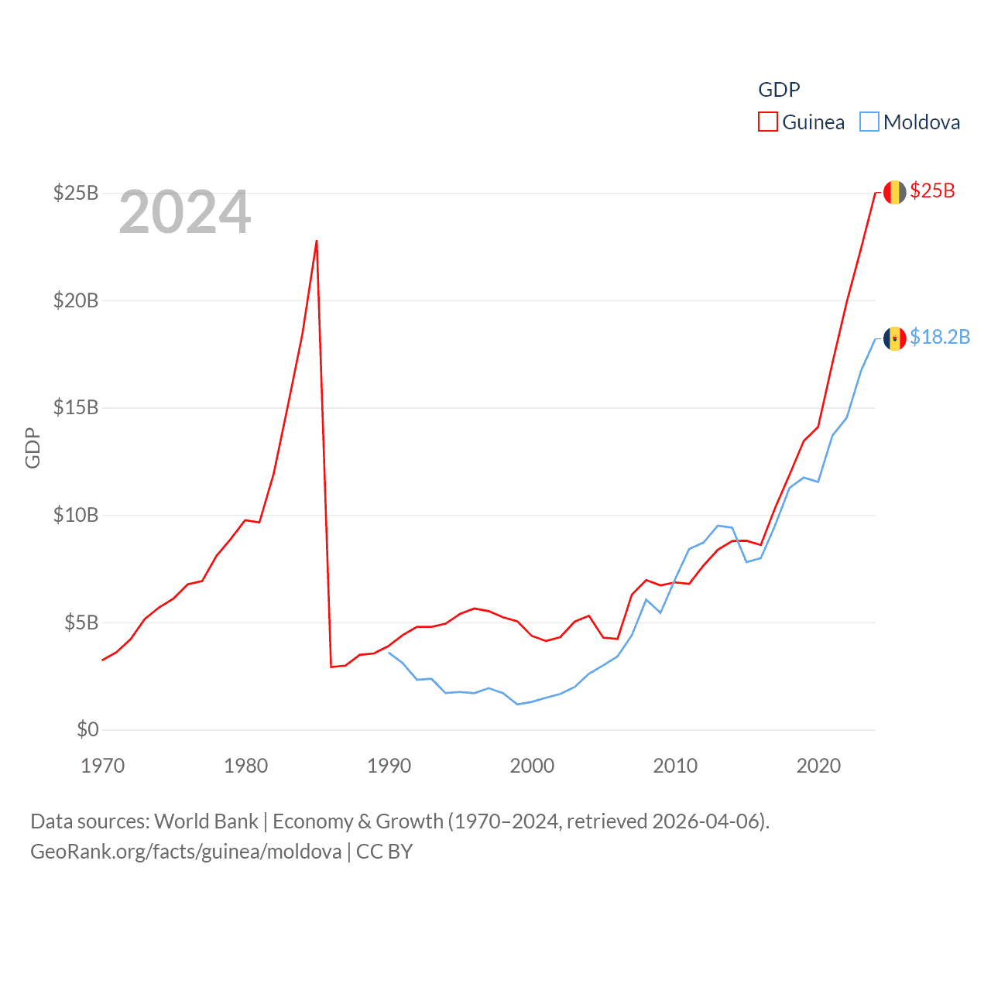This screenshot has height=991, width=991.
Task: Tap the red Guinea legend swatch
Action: [767, 122]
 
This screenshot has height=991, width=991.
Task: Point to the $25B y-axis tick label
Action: [76, 193]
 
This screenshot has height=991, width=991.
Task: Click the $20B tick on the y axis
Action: [76, 300]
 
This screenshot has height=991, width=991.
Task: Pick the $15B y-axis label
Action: [76, 407]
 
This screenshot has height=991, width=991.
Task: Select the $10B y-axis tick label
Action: [76, 515]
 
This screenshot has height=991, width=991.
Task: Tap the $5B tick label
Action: [81, 622]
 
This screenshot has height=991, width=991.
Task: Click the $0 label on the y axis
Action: [87, 729]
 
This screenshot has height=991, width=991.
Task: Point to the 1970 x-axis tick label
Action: [103, 766]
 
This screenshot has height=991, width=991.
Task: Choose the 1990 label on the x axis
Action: [389, 766]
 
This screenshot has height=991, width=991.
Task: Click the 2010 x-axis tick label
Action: [675, 766]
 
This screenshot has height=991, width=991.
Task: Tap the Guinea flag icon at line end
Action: [894, 192]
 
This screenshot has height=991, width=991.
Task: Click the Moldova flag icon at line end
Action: [894, 338]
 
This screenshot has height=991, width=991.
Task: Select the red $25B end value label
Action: [932, 190]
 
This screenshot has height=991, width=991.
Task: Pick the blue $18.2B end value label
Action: [940, 337]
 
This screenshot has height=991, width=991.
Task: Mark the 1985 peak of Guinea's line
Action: [317, 241]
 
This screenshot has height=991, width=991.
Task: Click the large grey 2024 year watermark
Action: [185, 212]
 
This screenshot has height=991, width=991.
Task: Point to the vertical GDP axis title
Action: [33, 447]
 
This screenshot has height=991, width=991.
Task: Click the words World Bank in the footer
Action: [206, 821]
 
